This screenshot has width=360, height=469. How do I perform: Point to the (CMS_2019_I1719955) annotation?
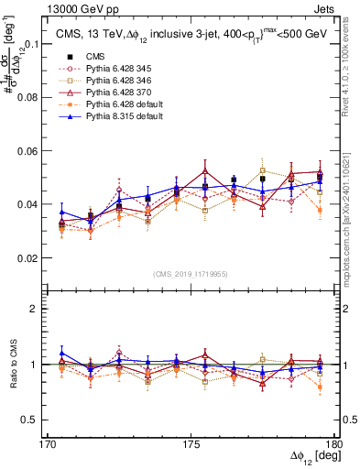pos(191,274)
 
